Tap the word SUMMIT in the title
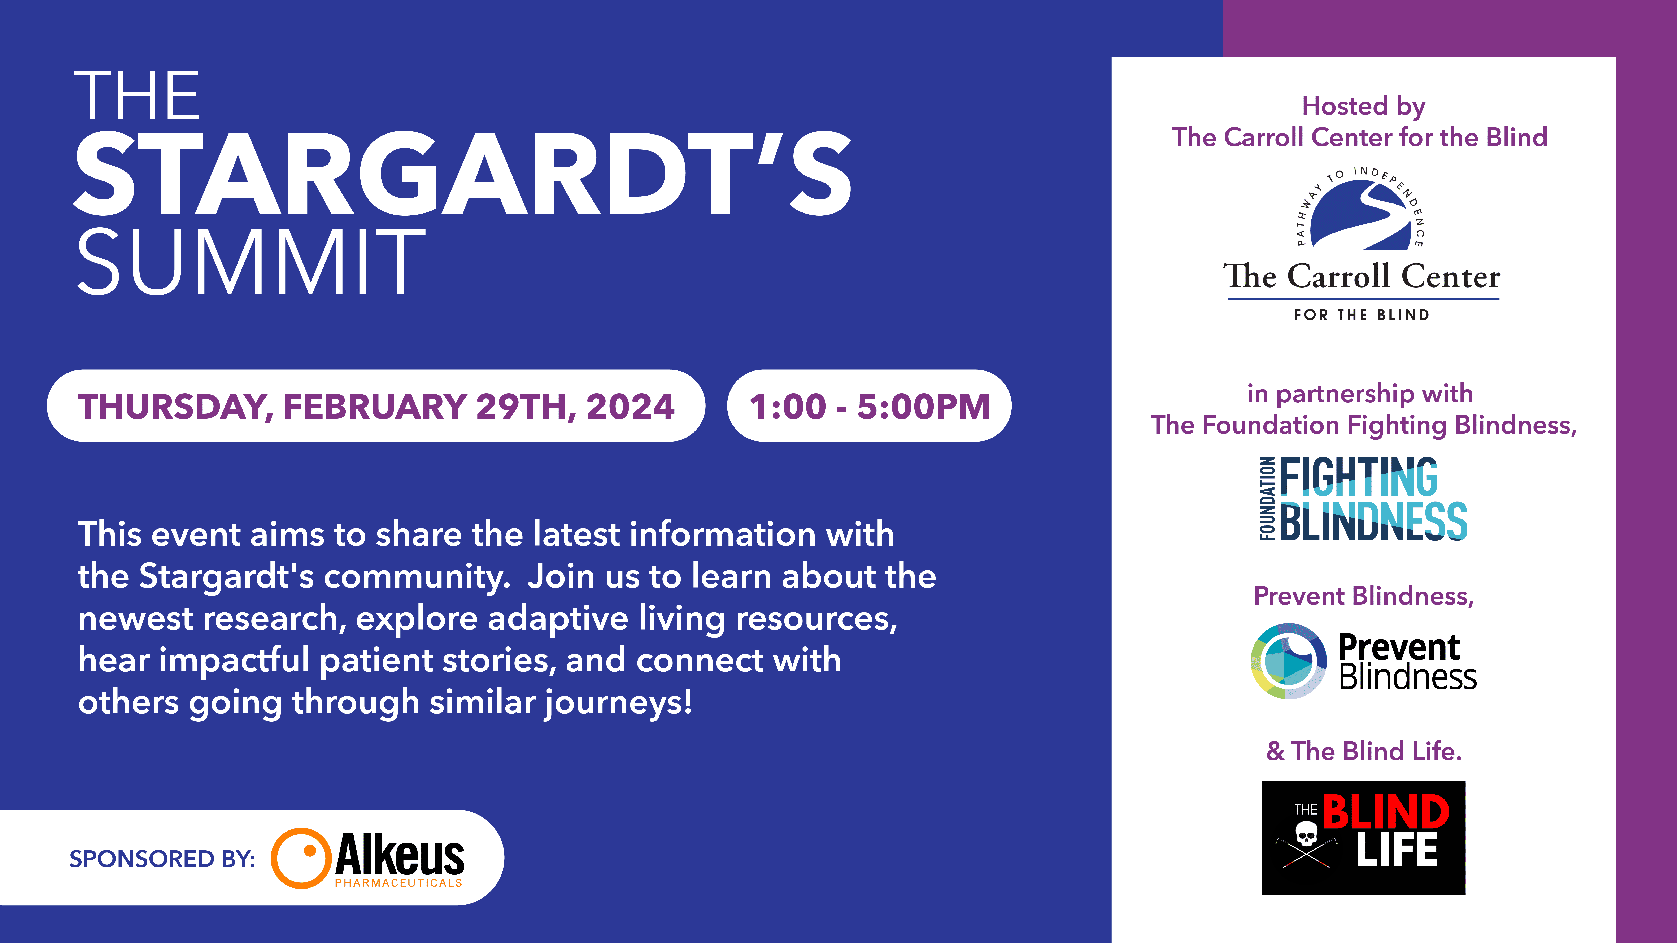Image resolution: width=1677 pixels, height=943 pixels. coord(251,262)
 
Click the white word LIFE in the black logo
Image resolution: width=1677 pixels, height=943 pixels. coord(1397,850)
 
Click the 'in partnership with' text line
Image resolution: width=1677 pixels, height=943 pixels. coord(1360,394)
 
